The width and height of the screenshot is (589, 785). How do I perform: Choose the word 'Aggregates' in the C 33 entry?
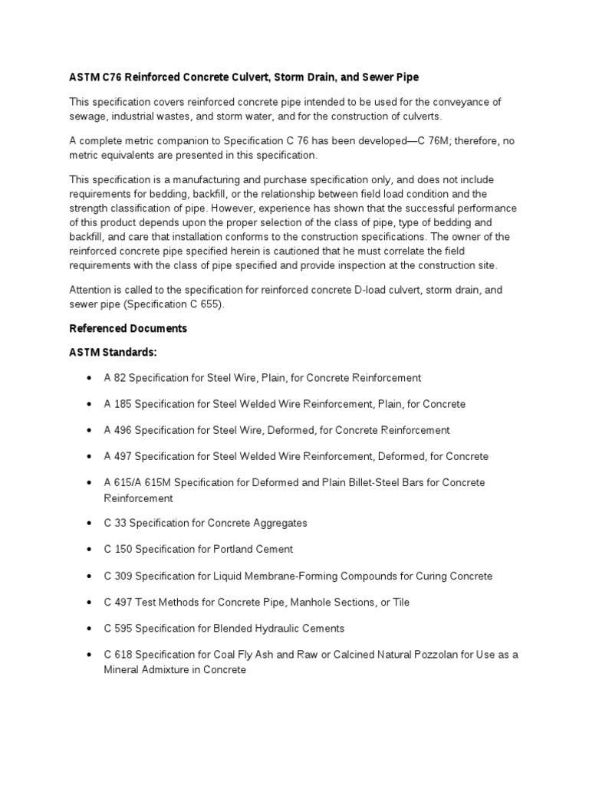click(274, 524)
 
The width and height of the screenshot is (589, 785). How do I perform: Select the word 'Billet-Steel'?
click(352, 483)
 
